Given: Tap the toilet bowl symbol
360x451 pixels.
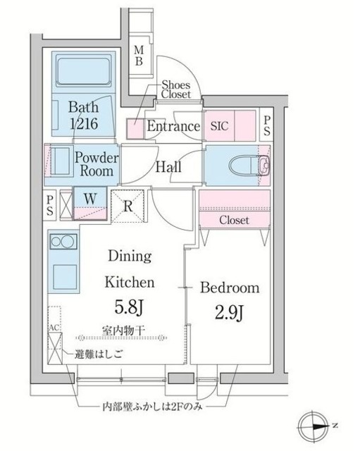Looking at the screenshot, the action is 244,166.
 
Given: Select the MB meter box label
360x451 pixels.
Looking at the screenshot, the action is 139,56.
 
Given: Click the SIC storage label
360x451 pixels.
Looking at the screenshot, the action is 219,125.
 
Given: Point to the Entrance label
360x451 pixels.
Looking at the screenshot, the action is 173,126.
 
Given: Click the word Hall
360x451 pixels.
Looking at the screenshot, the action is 168,167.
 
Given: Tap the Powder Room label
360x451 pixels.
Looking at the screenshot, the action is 97,164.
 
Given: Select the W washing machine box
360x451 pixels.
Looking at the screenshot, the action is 90,203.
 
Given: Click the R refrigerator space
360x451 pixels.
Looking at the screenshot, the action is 128,206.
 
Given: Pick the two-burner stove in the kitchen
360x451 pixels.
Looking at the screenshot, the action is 63,241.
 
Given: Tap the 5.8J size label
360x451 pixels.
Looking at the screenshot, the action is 129,307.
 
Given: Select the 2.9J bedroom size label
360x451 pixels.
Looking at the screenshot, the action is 230,313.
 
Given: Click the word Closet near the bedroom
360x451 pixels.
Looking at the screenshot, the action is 234,221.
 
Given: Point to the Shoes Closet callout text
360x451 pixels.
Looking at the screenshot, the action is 175,89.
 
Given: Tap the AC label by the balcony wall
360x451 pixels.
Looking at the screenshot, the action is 54,328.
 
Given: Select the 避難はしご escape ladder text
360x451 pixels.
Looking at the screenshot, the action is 99,354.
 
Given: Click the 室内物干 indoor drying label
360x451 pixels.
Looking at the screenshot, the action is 123,330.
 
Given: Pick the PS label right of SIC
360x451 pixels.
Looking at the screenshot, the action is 267,125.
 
